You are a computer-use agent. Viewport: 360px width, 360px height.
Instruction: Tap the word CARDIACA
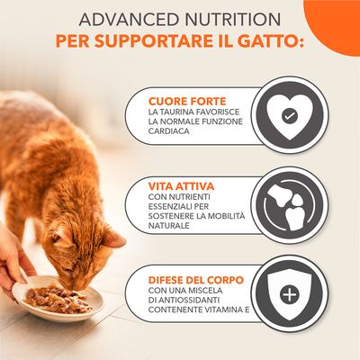pyautogui.click(x=175, y=134)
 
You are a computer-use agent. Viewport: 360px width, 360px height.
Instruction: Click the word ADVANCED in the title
pyautogui.click(x=117, y=19)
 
